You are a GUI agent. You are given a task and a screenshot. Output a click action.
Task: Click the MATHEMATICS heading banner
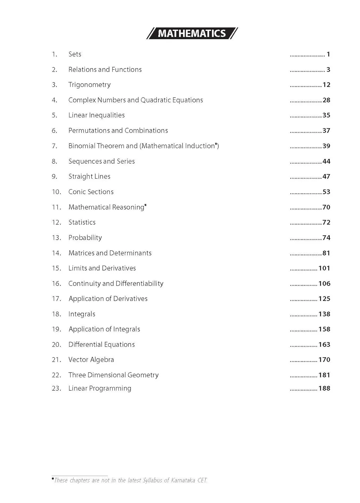click(x=192, y=33)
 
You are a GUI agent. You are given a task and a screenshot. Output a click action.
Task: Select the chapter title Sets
click(x=75, y=54)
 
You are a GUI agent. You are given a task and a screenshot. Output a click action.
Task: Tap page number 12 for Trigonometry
click(x=326, y=85)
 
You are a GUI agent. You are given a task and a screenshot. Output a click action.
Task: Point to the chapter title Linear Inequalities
click(x=96, y=115)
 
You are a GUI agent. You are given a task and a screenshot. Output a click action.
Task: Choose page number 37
click(x=326, y=131)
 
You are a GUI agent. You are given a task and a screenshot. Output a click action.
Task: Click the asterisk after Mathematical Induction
click(x=216, y=144)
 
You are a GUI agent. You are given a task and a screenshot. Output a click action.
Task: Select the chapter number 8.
click(x=54, y=162)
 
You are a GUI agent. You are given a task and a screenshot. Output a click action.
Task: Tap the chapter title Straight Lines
click(x=89, y=177)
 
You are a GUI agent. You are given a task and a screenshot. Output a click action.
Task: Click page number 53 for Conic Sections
click(x=326, y=192)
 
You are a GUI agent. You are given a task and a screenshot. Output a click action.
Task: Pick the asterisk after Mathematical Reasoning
click(x=146, y=205)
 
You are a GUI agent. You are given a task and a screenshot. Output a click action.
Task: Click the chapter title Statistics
click(x=82, y=223)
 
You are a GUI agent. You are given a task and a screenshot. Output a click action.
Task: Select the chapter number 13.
click(x=56, y=238)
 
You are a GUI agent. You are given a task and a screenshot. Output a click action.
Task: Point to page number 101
click(x=324, y=268)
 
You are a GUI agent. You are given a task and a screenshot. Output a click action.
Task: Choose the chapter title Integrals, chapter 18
click(x=82, y=314)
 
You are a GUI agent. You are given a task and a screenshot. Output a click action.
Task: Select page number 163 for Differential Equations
click(x=324, y=345)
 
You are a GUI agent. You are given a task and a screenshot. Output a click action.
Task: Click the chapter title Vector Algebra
click(x=91, y=360)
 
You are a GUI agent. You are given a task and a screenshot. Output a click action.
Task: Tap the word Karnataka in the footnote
click(x=183, y=481)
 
